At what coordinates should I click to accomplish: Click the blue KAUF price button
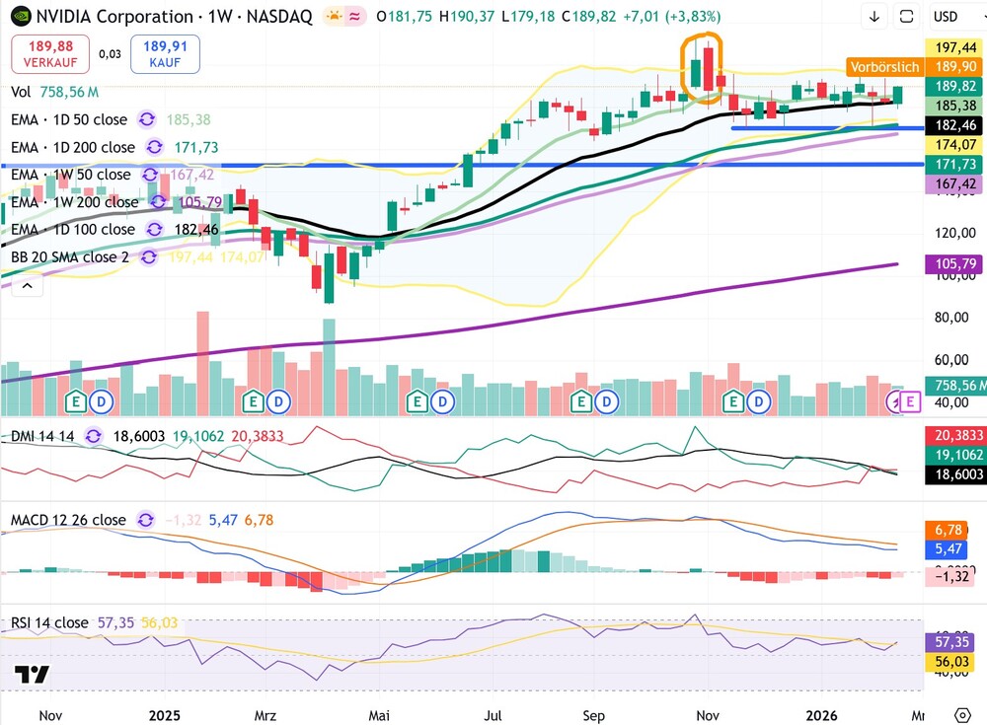pos(165,54)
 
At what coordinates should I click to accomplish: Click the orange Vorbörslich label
pos(883,67)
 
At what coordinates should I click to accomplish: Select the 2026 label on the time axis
pos(822,714)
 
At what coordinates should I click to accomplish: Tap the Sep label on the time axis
pos(593,714)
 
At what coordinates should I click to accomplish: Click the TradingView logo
pos(32,676)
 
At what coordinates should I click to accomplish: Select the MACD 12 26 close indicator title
pos(68,519)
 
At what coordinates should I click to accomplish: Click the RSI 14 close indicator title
pos(49,622)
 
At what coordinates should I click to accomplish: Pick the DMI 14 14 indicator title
pos(44,435)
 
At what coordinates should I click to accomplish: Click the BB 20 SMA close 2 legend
pos(73,256)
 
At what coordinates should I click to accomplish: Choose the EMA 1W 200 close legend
pos(73,202)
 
